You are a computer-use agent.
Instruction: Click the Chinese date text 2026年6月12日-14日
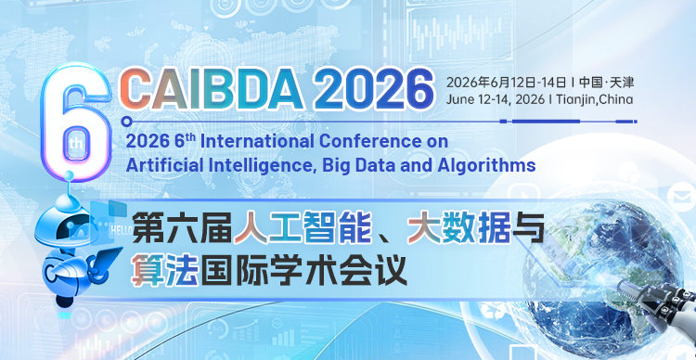[505, 79]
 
